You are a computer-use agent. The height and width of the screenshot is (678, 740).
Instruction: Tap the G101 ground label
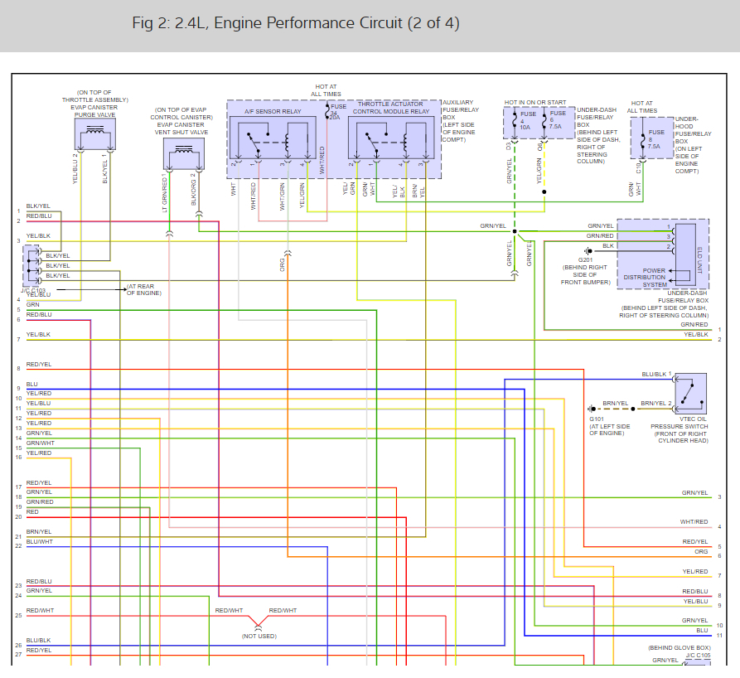[598, 419]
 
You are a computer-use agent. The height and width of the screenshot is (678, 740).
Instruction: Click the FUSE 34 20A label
[336, 112]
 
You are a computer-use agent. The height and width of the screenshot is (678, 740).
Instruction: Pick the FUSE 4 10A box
[522, 123]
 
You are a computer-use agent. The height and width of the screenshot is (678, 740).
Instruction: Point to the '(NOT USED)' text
[259, 636]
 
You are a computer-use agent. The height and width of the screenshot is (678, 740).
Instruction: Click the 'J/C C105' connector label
[699, 656]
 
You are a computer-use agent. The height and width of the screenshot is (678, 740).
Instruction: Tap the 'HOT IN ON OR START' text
[535, 103]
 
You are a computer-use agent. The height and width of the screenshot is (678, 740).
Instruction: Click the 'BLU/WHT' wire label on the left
[39, 541]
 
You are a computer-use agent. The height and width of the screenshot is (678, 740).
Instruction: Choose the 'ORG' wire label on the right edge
[701, 551]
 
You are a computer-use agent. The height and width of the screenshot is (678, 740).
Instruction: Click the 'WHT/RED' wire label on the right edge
[694, 522]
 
